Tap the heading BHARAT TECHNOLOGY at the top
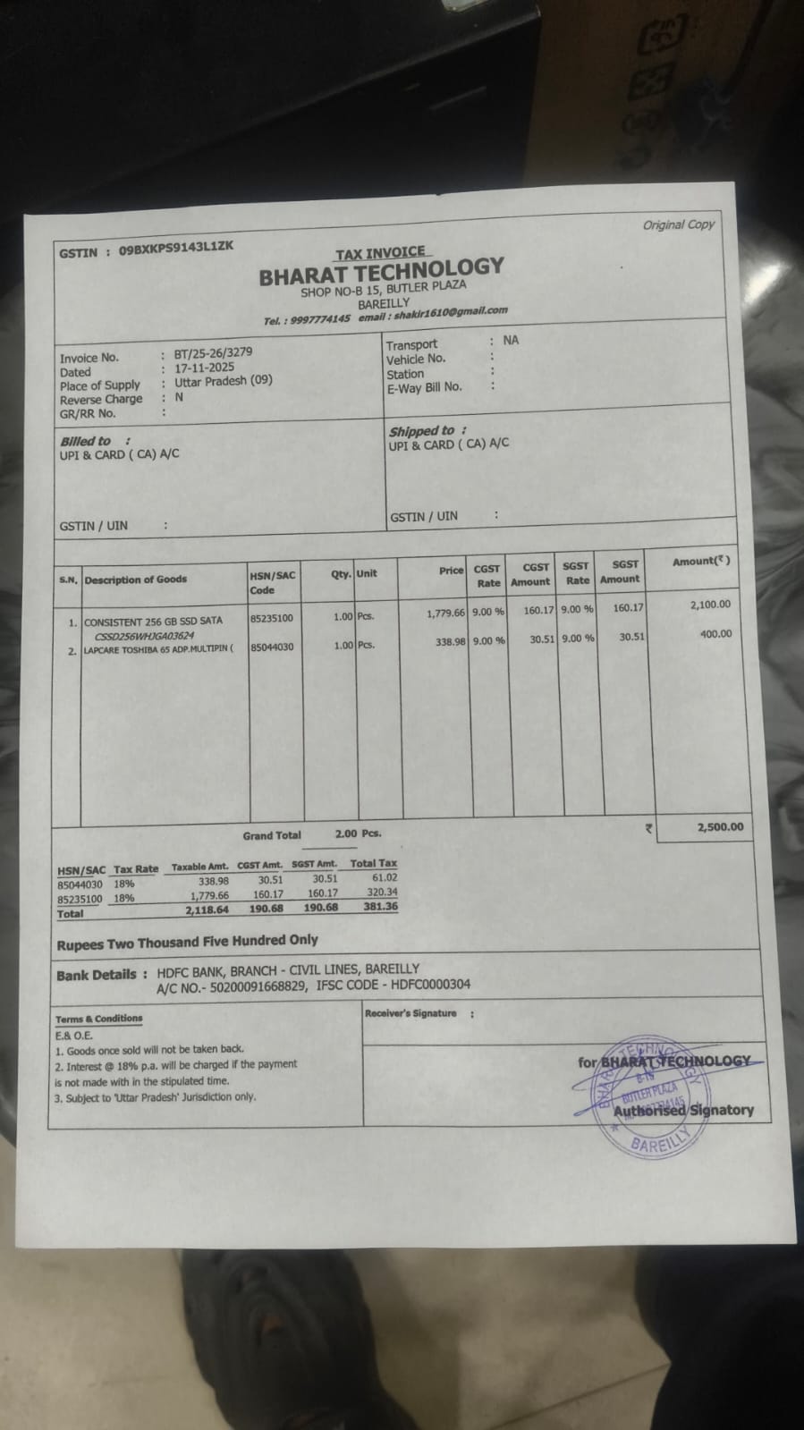click(x=382, y=270)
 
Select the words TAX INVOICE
click(x=380, y=253)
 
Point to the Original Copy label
click(x=678, y=224)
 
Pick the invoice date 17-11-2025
click(x=204, y=367)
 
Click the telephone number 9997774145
click(x=320, y=319)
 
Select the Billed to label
click(x=86, y=441)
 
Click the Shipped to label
click(x=421, y=431)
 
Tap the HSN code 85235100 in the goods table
click(x=272, y=618)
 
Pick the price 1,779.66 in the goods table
click(x=445, y=613)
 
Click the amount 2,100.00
click(x=710, y=605)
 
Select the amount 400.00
click(x=715, y=634)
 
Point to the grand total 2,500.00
click(x=719, y=827)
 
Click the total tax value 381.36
click(x=380, y=906)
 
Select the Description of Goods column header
click(x=136, y=580)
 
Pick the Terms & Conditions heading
click(x=98, y=1019)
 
